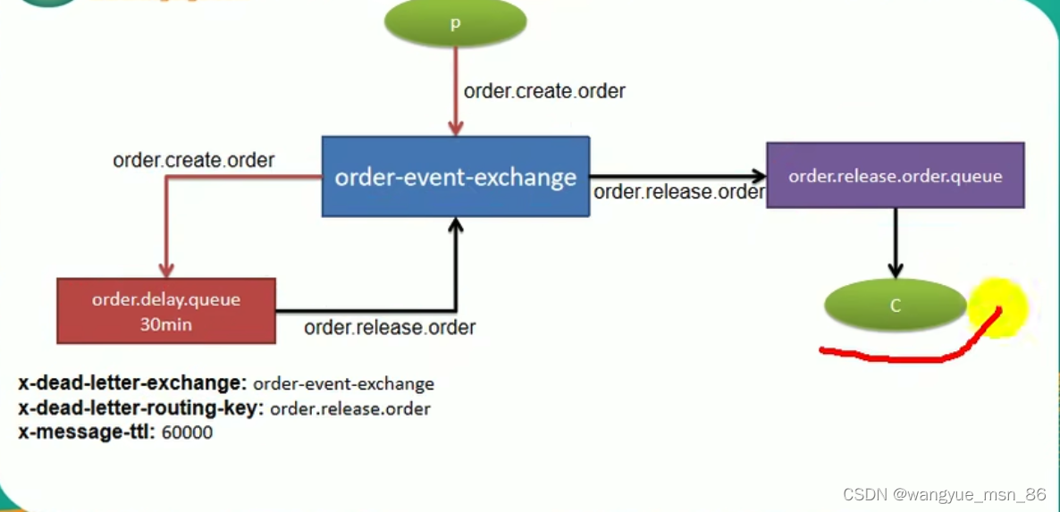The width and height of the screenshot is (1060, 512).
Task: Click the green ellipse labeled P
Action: click(x=455, y=23)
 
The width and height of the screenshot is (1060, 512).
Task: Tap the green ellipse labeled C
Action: click(x=895, y=305)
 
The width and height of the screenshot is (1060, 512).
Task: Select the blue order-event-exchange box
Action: click(x=455, y=176)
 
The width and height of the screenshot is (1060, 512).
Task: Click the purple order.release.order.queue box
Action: click(x=895, y=176)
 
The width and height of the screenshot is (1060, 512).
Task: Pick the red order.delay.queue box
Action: click(x=165, y=311)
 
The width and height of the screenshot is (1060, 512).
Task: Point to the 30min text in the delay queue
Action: click(x=165, y=324)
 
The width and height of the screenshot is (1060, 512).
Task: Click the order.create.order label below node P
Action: click(x=544, y=91)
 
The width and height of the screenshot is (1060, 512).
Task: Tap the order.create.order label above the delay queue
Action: click(x=193, y=161)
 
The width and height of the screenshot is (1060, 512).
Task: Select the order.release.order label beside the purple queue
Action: click(x=679, y=191)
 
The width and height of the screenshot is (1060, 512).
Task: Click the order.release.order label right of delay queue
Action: click(x=390, y=327)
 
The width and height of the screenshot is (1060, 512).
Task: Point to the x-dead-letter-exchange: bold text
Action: click(x=132, y=383)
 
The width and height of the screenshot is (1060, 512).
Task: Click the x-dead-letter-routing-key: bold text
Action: click(x=140, y=408)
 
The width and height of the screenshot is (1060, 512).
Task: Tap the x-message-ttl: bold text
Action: click(x=86, y=432)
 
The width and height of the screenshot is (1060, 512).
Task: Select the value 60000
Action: click(x=187, y=433)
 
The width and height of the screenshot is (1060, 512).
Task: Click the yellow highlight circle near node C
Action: click(x=997, y=307)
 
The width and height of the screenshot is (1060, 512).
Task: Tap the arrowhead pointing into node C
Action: click(x=895, y=271)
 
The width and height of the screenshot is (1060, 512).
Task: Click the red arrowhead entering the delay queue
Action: click(x=165, y=270)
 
